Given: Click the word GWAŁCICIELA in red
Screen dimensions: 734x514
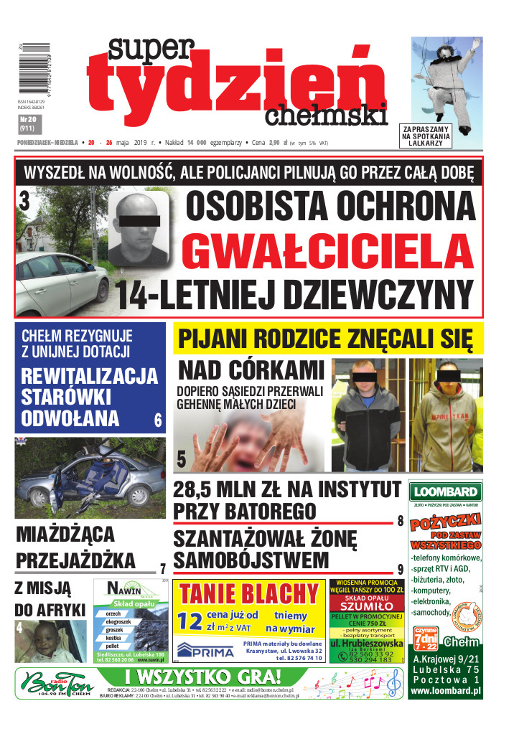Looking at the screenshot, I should point(327,251).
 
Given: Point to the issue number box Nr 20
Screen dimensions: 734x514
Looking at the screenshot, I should point(28,123).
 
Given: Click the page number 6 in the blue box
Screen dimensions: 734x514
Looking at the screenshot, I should point(158,421).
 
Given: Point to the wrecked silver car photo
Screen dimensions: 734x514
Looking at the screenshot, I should point(90,478).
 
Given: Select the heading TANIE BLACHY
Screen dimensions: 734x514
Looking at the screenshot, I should point(248,594).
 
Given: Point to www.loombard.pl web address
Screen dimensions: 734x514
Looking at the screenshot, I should point(445,692).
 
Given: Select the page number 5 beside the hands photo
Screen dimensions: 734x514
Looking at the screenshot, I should point(181,458).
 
